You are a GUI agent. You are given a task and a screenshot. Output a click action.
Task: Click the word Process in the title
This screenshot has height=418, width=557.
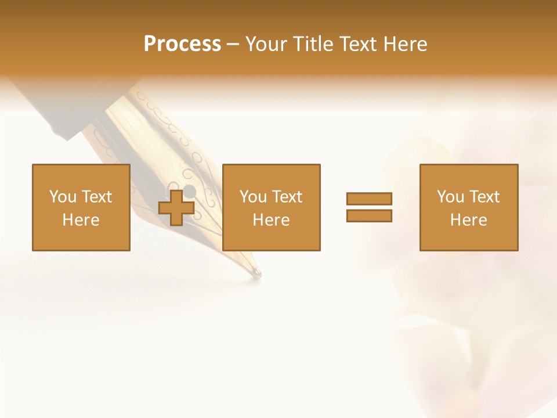pyautogui.click(x=182, y=44)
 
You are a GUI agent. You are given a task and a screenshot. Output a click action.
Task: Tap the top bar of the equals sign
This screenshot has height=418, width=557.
pyautogui.click(x=369, y=199)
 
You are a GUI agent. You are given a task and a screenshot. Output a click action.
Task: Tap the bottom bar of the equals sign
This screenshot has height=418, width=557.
pyautogui.click(x=369, y=216)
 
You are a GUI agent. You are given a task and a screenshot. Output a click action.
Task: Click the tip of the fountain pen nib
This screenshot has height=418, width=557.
pyautogui.click(x=258, y=274)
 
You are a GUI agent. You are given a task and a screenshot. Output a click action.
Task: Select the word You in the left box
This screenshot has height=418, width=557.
pyautogui.click(x=62, y=197)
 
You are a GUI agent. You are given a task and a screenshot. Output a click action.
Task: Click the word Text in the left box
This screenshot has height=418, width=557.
pyautogui.click(x=96, y=197)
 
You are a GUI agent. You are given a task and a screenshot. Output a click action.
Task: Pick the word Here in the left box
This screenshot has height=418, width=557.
pyautogui.click(x=81, y=220)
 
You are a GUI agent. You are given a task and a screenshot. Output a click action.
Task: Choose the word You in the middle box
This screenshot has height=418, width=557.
pyautogui.click(x=253, y=197)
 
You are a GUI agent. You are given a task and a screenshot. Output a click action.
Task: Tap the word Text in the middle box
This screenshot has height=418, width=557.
pyautogui.click(x=287, y=197)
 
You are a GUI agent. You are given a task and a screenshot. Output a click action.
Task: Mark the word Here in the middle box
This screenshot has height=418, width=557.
pyautogui.click(x=272, y=220)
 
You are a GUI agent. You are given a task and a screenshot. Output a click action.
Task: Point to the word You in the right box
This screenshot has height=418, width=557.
pyautogui.click(x=450, y=197)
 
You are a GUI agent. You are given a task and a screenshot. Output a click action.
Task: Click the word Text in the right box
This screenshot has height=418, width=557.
pyautogui.click(x=484, y=197)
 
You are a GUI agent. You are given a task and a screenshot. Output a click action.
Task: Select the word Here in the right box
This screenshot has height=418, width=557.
pyautogui.click(x=469, y=220)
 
